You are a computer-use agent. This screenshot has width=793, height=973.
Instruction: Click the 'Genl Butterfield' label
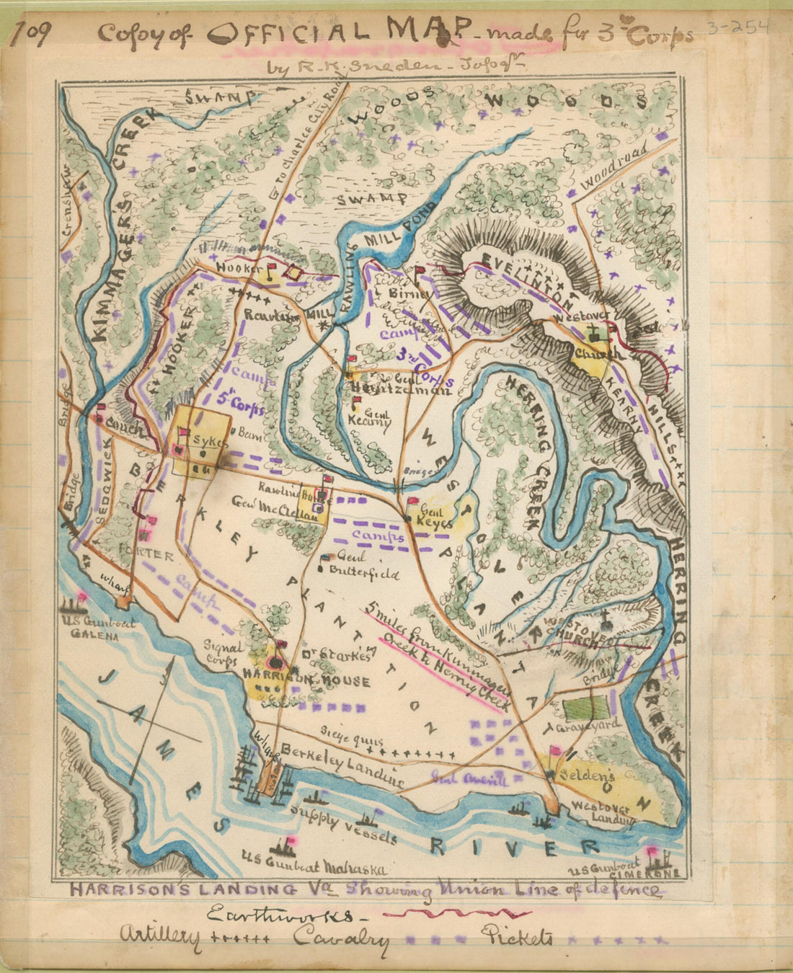pos(363,566)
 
